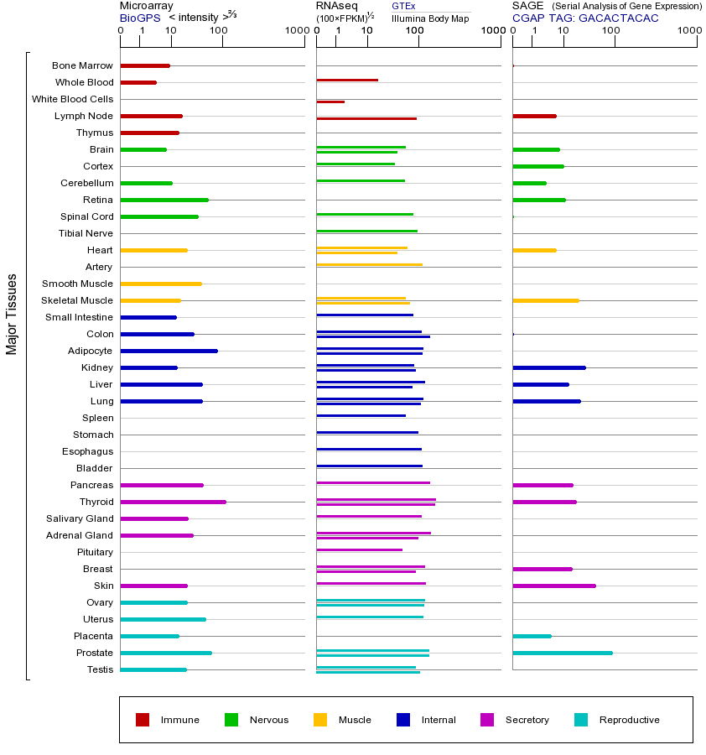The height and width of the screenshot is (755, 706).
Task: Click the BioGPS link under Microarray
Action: [x=139, y=18]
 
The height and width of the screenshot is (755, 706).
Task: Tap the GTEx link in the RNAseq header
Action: [x=403, y=6]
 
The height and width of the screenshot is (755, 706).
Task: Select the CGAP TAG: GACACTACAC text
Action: [x=585, y=18]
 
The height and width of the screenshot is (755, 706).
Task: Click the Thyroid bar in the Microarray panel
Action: [x=174, y=502]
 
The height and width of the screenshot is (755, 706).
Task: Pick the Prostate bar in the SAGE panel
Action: [x=562, y=653]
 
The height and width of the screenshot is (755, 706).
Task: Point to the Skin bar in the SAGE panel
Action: [x=553, y=586]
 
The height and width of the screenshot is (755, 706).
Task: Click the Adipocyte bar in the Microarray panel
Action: [x=169, y=351]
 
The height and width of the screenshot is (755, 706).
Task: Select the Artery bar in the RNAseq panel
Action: [x=369, y=265]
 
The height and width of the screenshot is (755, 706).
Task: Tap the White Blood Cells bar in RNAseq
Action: [x=330, y=102]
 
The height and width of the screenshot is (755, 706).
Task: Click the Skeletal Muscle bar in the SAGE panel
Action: [x=545, y=300]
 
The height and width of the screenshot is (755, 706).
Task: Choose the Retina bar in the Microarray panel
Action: [x=164, y=200]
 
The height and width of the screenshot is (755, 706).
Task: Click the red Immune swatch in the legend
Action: [x=143, y=720]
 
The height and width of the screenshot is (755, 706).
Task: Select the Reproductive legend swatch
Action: [x=581, y=720]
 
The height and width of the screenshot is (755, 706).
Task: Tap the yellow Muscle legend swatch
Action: [x=320, y=720]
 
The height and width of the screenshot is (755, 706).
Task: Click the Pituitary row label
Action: [x=95, y=552]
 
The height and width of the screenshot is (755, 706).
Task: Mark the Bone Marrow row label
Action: [x=82, y=65]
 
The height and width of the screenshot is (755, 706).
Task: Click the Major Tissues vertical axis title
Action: [x=12, y=315]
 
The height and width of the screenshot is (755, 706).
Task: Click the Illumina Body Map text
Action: [x=430, y=18]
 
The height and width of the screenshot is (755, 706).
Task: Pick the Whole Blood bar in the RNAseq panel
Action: [x=347, y=80]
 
